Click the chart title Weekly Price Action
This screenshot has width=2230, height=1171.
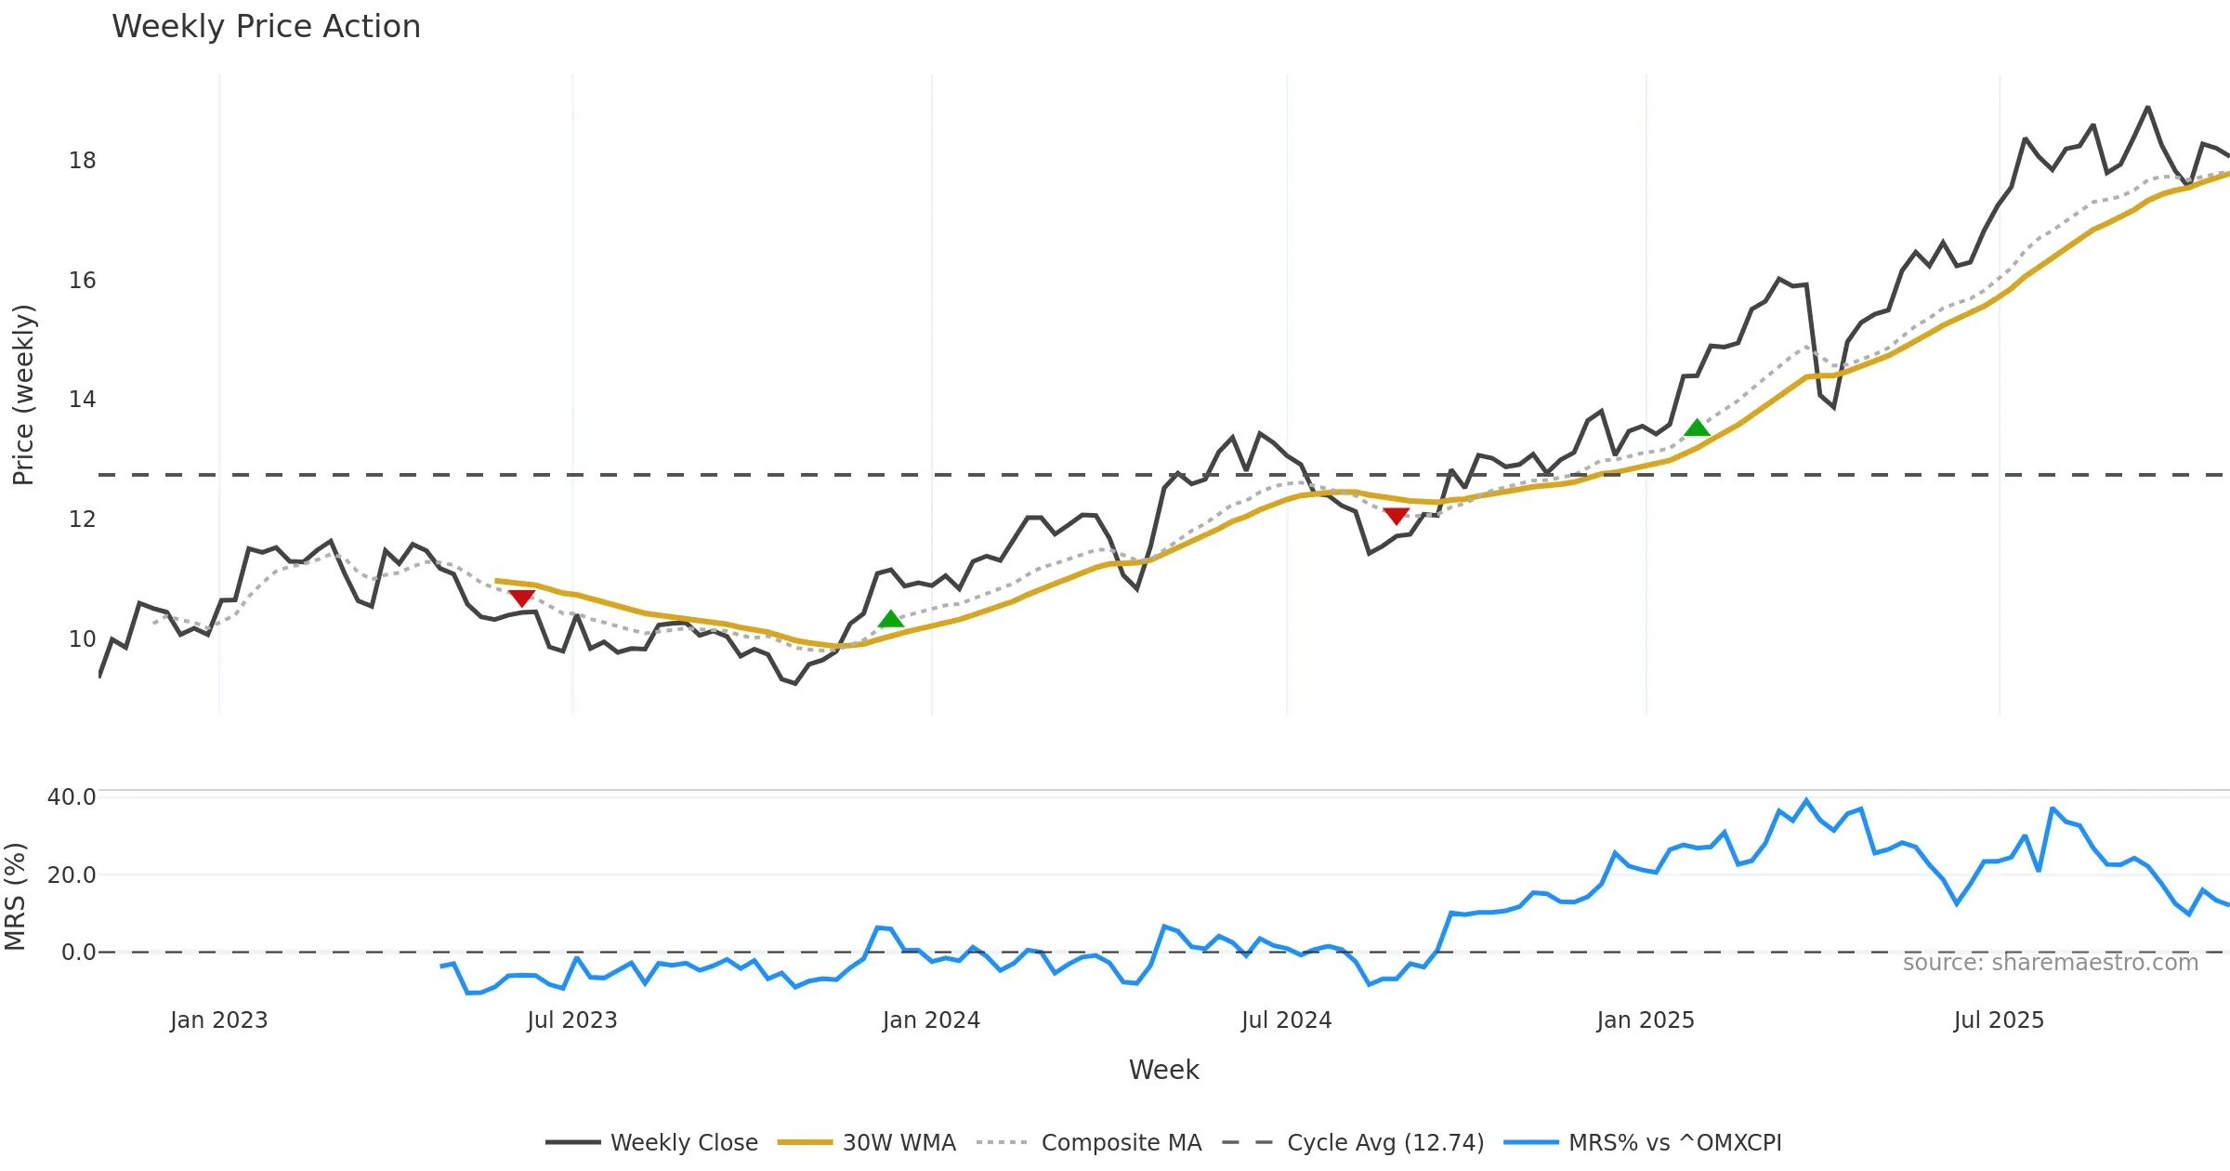[x=266, y=27]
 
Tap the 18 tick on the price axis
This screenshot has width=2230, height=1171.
[x=82, y=161]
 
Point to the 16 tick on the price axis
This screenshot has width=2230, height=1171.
[x=82, y=281]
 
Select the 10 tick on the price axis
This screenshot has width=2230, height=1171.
[x=82, y=639]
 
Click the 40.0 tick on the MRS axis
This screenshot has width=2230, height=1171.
[x=72, y=797]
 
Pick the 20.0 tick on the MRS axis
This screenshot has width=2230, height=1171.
[x=72, y=875]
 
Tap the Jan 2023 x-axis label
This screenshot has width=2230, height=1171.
[x=218, y=1020]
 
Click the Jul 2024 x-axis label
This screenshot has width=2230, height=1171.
[x=1286, y=1020]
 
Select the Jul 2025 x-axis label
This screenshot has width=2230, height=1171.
[x=1999, y=1020]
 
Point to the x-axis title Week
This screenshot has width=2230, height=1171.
[x=1163, y=1071]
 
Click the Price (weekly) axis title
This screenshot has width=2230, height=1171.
[x=23, y=395]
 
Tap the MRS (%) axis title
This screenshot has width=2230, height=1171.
[x=16, y=897]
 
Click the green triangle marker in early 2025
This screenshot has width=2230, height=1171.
[x=1697, y=428]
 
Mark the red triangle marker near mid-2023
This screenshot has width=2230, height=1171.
[x=521, y=598]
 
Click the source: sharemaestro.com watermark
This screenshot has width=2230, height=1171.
[x=2050, y=963]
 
